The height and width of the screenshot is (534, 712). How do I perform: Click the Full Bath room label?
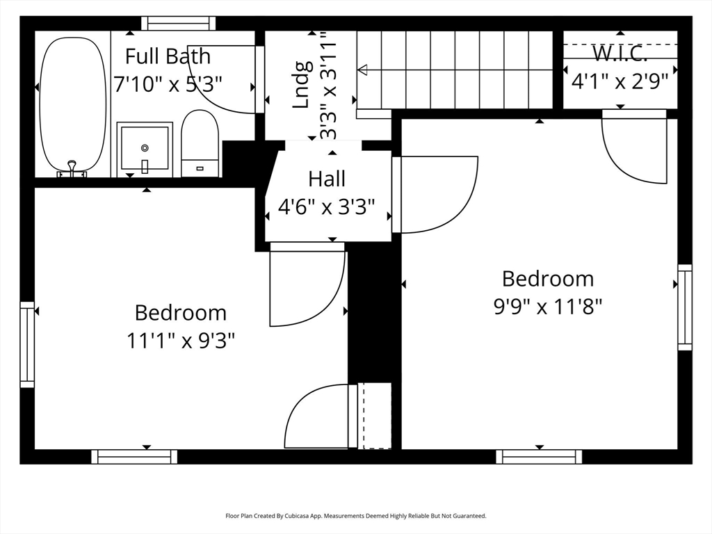(x=168, y=56)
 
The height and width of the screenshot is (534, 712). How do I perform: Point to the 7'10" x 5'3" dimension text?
(x=168, y=84)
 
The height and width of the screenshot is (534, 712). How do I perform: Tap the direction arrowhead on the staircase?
(x=362, y=70)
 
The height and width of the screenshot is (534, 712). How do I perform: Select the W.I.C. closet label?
(x=620, y=53)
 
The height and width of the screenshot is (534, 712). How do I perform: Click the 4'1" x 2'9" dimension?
(x=620, y=81)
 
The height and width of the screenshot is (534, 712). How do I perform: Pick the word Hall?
(x=327, y=179)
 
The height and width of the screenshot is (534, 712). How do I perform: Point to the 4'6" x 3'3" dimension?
(x=327, y=207)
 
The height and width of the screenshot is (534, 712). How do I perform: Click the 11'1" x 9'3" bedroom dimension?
(x=180, y=341)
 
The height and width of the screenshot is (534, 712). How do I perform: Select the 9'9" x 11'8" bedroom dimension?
(x=548, y=306)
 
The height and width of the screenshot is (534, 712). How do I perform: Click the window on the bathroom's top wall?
(x=178, y=24)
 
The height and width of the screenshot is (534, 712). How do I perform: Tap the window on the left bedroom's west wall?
(x=27, y=344)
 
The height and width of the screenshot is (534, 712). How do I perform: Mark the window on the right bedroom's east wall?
(x=685, y=307)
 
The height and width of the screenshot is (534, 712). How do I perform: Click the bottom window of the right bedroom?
(x=539, y=457)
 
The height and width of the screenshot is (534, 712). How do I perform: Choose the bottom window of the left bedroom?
(x=134, y=457)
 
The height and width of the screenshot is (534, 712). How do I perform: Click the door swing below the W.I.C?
(x=634, y=149)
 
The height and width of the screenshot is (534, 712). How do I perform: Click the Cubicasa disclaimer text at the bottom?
(x=355, y=516)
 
